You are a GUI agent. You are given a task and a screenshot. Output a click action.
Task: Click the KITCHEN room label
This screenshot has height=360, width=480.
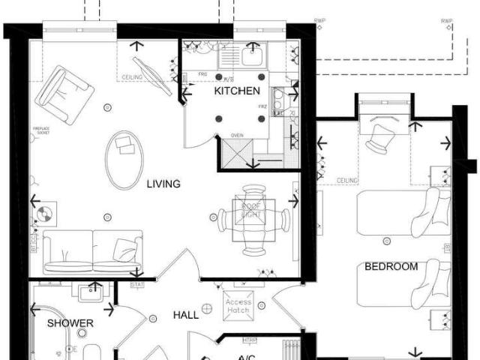(237, 91)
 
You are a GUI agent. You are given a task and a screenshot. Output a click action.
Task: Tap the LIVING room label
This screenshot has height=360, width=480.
(163, 184)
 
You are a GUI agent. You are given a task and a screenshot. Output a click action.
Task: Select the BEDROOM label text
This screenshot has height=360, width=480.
(391, 266)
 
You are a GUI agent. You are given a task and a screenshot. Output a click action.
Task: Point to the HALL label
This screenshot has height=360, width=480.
(186, 315)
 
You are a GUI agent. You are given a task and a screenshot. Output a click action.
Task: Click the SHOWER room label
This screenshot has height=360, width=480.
(70, 323)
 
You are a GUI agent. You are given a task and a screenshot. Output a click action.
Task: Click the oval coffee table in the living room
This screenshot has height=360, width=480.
(123, 159)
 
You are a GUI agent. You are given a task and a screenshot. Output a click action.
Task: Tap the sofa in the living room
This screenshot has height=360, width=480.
(92, 251)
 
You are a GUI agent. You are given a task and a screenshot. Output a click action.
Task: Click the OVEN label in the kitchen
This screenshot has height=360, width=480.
(237, 136)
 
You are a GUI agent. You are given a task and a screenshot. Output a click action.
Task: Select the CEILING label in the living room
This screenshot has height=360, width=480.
(132, 77)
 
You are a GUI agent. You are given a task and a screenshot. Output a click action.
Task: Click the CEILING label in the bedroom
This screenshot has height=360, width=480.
(347, 181)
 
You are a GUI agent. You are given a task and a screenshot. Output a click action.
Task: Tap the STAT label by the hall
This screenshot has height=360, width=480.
(136, 285)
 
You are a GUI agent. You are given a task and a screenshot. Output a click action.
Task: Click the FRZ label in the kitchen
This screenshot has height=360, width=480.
(262, 107)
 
